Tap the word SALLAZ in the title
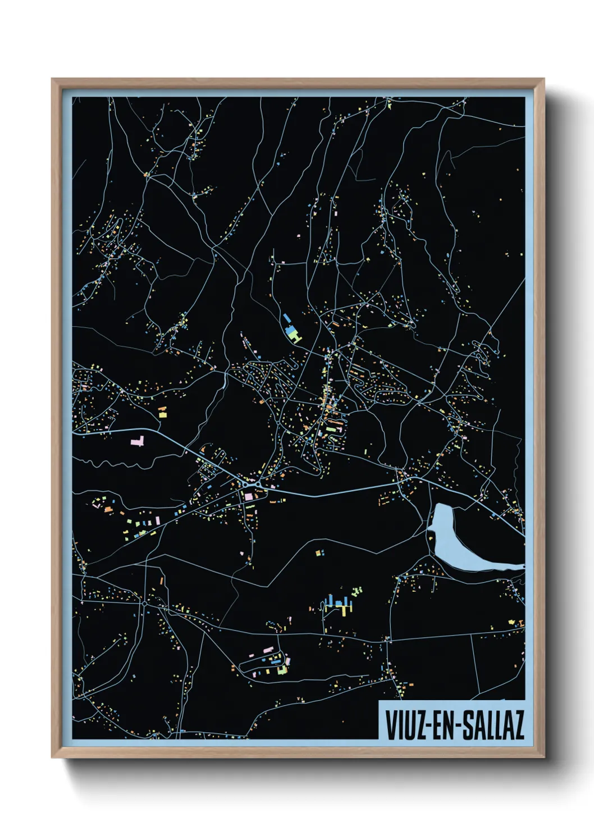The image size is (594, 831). pos(494,725)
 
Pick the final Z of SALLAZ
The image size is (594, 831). pos(518,725)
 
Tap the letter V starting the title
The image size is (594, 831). pos(389,725)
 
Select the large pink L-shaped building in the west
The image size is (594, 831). pos(138,441)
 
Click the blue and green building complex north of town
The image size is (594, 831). pos(292,331)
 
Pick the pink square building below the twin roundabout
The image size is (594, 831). pos(248,496)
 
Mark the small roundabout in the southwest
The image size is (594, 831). pos(144,604)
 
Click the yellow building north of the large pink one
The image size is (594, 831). pos(163,413)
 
